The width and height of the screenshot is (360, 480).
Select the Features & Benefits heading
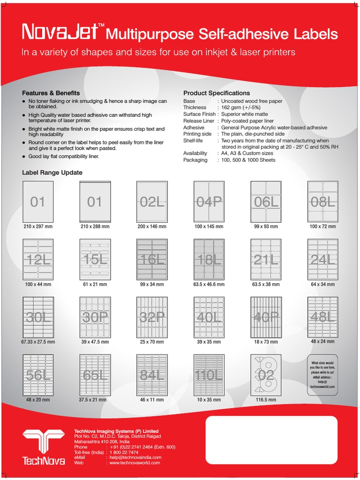click(x=51, y=93)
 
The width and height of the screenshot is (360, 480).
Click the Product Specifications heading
click(x=217, y=93)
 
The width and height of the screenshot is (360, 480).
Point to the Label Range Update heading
click(x=52, y=172)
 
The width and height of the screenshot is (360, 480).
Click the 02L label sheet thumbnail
click(x=152, y=202)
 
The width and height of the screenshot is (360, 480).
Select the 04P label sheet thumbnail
click(x=209, y=202)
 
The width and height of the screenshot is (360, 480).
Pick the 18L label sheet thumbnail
click(x=209, y=260)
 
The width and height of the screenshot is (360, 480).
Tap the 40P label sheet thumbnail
click(x=266, y=317)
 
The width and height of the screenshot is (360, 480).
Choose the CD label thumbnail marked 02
click(x=266, y=375)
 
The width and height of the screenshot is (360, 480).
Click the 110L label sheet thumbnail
click(x=209, y=375)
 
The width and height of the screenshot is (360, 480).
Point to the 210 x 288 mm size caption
click(x=95, y=226)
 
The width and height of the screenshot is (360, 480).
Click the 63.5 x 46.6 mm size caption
click(x=209, y=284)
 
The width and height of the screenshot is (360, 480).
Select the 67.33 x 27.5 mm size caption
click(x=38, y=342)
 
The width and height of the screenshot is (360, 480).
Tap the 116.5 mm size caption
click(x=266, y=400)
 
